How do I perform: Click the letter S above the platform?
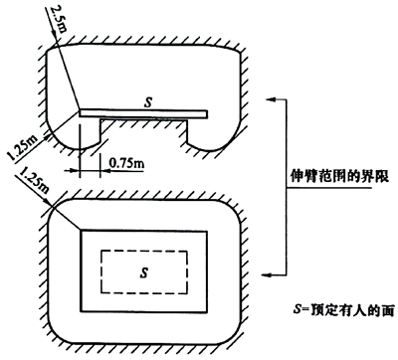click(147, 100)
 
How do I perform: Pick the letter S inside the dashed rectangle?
click(145, 270)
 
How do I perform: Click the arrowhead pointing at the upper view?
click(270, 99)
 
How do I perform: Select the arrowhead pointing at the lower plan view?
click(270, 273)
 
